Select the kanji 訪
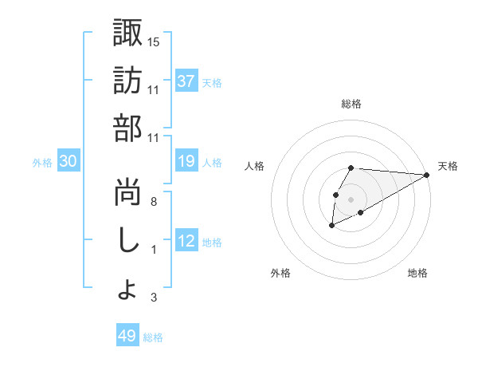tap(127, 81)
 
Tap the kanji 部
tap(127, 129)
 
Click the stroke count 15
tap(154, 41)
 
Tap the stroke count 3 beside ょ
tap(153, 298)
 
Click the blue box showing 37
tap(186, 81)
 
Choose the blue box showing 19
tap(186, 162)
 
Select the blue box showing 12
tap(186, 242)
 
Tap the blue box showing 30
tap(69, 162)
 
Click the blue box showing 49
tap(127, 336)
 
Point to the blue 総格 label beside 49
tap(154, 337)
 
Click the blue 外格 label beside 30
tap(42, 163)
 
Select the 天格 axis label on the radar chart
tap(448, 166)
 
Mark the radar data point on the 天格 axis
tap(427, 175)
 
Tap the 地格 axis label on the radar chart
tap(417, 273)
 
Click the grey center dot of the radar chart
tap(351, 199)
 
